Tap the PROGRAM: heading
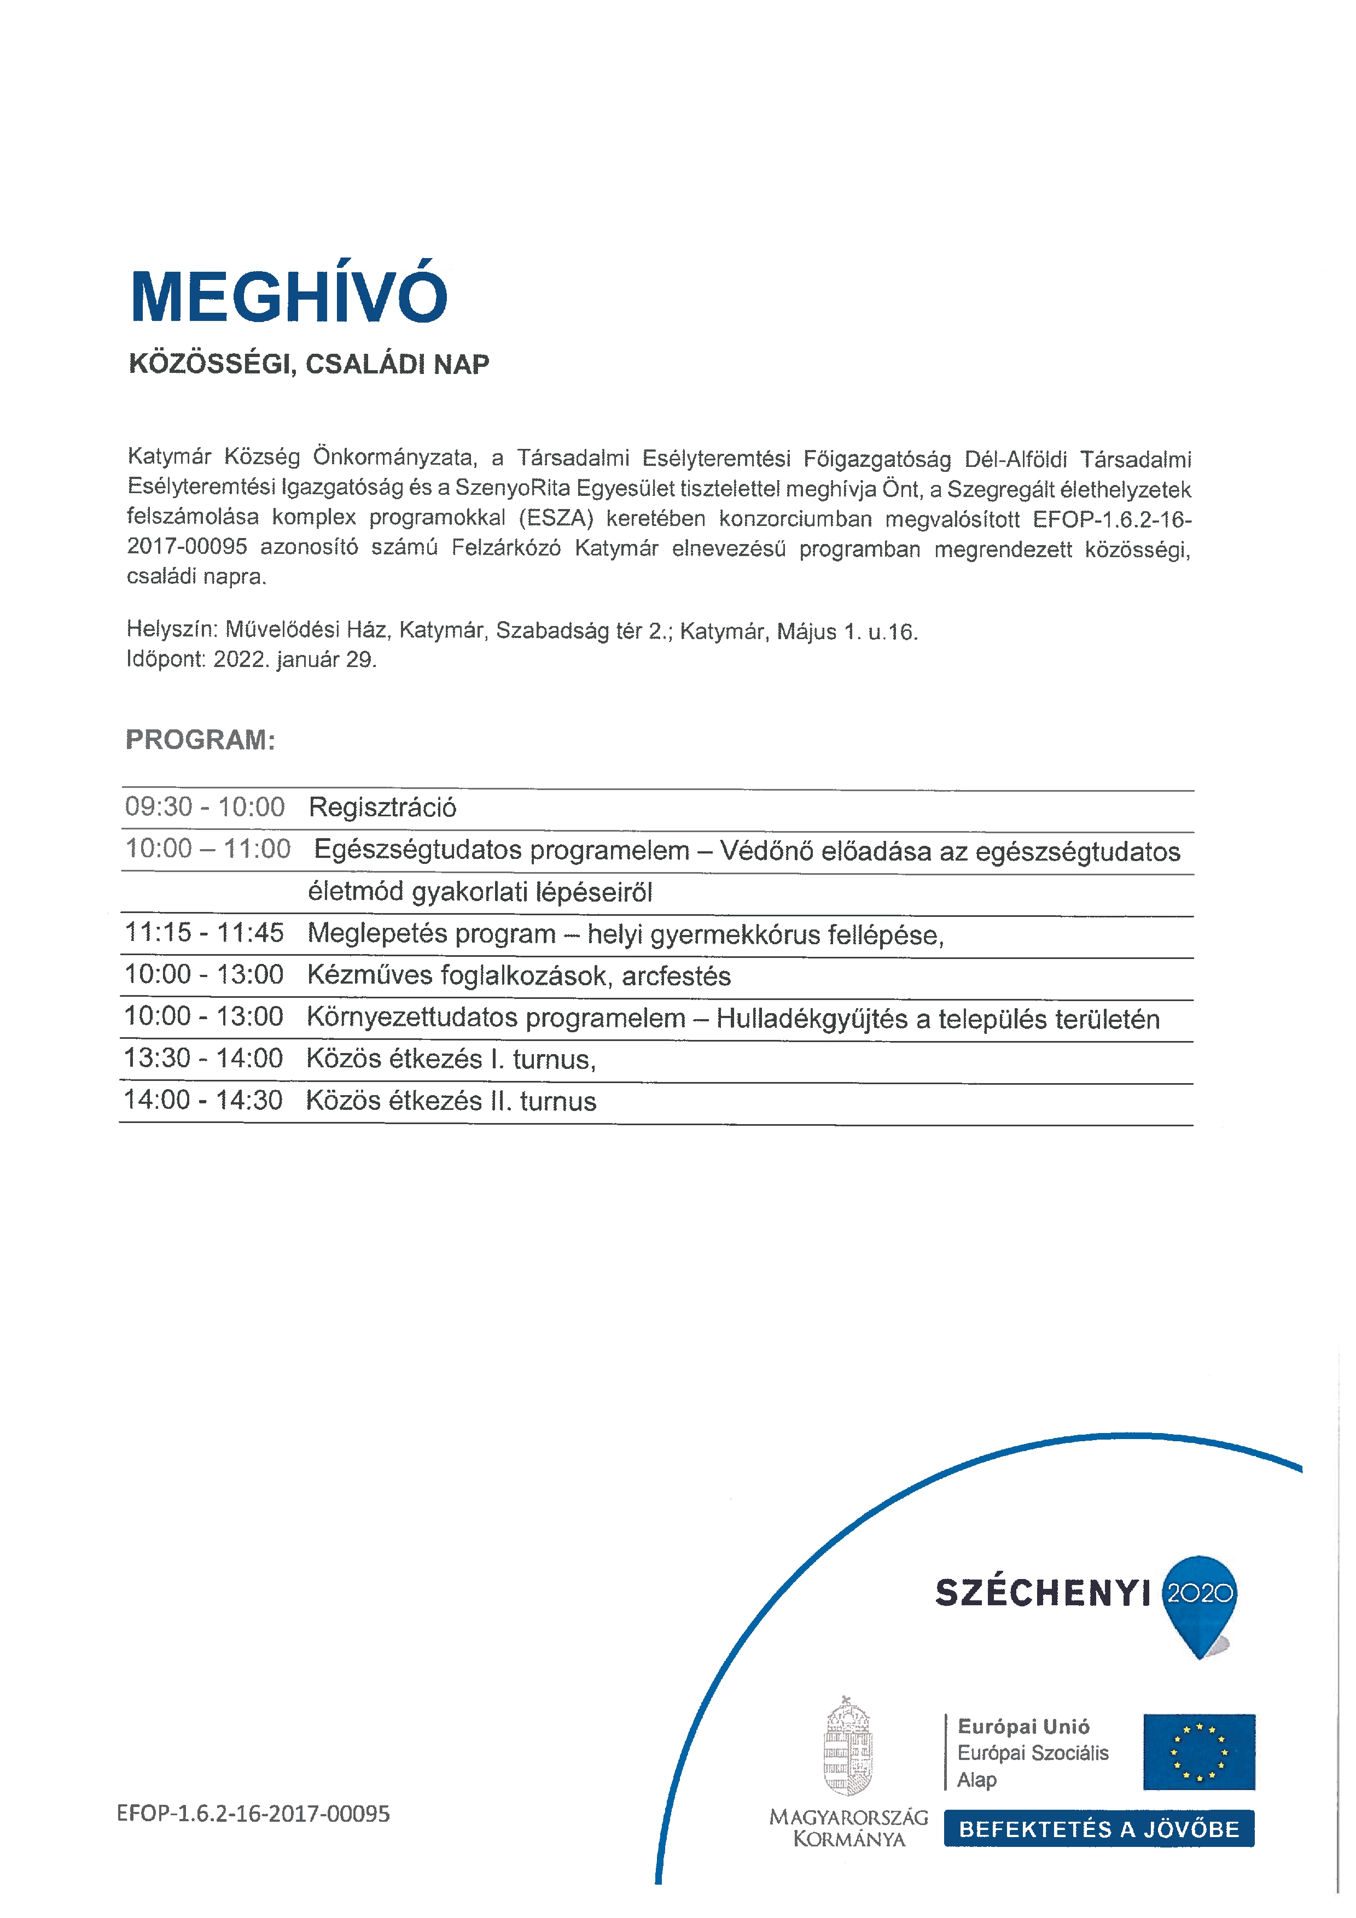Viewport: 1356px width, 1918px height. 201,740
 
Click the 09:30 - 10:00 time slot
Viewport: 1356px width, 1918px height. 205,807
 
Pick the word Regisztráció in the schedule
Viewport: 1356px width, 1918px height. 383,808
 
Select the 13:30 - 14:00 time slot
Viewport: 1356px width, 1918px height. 204,1059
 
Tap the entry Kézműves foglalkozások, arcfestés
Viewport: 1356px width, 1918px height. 519,976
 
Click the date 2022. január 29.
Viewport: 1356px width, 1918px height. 295,660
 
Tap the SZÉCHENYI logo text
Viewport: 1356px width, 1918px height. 1043,1593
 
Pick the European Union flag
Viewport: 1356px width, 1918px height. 1199,1752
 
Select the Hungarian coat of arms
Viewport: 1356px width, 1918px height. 848,1749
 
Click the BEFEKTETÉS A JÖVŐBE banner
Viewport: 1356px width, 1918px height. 1099,1829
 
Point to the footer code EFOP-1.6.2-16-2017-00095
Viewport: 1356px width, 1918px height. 253,1815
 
